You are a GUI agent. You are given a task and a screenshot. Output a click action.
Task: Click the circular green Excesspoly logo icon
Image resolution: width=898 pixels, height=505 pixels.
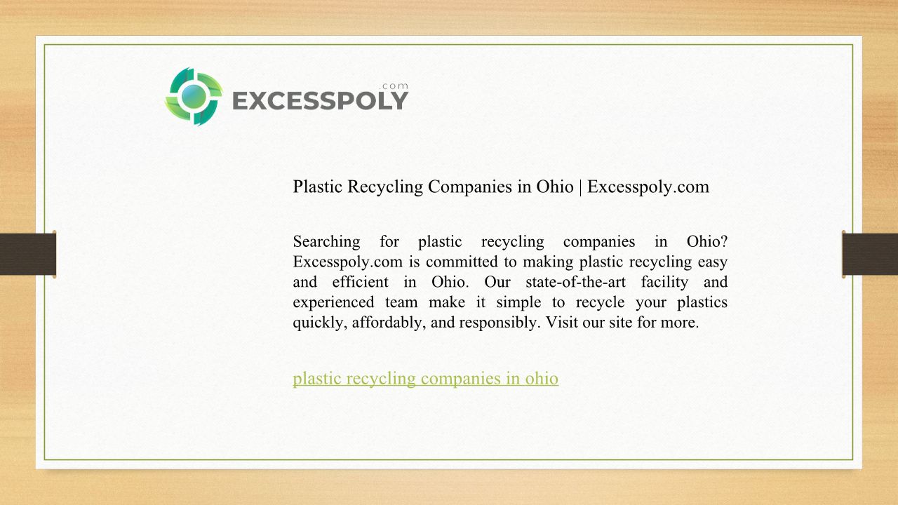[194, 96]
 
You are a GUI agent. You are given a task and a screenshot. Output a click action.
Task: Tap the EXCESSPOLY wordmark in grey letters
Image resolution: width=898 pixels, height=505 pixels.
[321, 100]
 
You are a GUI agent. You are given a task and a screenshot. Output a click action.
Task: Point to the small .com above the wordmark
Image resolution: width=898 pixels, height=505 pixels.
[394, 86]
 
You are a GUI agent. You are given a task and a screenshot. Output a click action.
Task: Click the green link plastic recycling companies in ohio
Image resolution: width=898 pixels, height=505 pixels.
[425, 379]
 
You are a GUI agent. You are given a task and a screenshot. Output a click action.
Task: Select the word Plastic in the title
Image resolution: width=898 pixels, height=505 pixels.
[318, 187]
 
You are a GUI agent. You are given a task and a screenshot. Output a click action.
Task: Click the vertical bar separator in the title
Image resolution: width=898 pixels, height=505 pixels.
[580, 187]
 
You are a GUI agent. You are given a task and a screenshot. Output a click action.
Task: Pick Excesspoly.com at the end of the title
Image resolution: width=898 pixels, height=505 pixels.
[648, 187]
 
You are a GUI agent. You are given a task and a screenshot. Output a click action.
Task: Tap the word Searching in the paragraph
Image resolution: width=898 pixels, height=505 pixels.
[326, 242]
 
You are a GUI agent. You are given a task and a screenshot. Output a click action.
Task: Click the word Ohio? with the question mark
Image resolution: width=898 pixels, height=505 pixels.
[707, 241]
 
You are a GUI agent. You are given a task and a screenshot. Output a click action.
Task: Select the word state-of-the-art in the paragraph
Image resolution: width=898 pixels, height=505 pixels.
[575, 282]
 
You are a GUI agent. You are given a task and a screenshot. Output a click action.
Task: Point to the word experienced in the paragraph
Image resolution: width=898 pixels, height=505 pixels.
[333, 302]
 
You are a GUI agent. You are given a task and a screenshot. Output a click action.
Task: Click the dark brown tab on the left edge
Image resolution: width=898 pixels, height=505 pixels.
[28, 254]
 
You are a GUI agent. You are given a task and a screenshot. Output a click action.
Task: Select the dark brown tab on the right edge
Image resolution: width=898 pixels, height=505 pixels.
[870, 254]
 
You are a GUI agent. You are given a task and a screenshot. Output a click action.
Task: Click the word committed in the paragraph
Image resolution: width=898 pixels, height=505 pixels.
[462, 262]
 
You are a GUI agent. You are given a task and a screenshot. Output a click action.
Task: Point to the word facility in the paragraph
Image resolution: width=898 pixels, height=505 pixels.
[664, 282]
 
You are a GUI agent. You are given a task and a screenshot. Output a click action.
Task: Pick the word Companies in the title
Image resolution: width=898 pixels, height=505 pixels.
[470, 187]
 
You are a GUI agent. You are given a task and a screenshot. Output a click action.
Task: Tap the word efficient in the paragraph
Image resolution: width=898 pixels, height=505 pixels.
[361, 282]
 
